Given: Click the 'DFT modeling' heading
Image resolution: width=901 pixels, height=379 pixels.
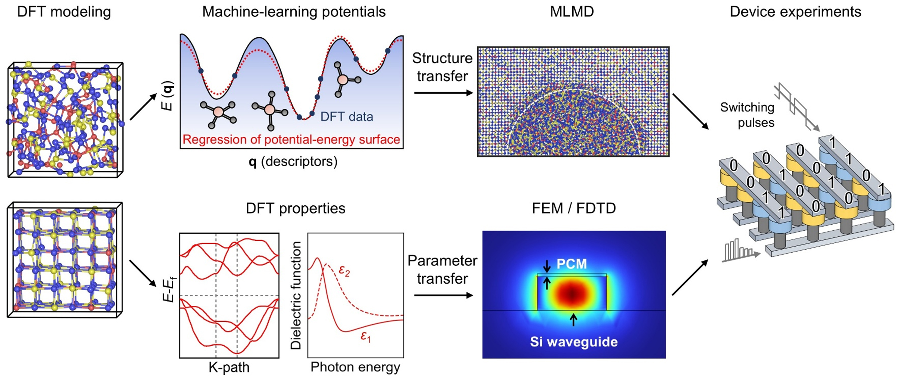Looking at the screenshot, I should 64,12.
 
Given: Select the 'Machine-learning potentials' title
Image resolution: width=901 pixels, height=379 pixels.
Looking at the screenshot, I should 294,12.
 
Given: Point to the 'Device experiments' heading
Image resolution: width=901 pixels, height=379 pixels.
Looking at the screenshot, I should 795,12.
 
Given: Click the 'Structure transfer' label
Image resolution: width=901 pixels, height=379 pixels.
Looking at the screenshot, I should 442,67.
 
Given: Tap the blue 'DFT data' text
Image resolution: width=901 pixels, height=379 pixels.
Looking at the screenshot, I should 347,117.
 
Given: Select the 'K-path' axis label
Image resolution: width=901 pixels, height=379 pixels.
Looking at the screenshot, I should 229,367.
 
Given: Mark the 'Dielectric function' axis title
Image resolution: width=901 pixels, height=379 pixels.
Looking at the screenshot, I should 296,295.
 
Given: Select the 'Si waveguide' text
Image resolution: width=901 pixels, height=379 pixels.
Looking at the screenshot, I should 574,342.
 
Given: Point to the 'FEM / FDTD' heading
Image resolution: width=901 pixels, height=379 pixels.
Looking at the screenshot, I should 574,208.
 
